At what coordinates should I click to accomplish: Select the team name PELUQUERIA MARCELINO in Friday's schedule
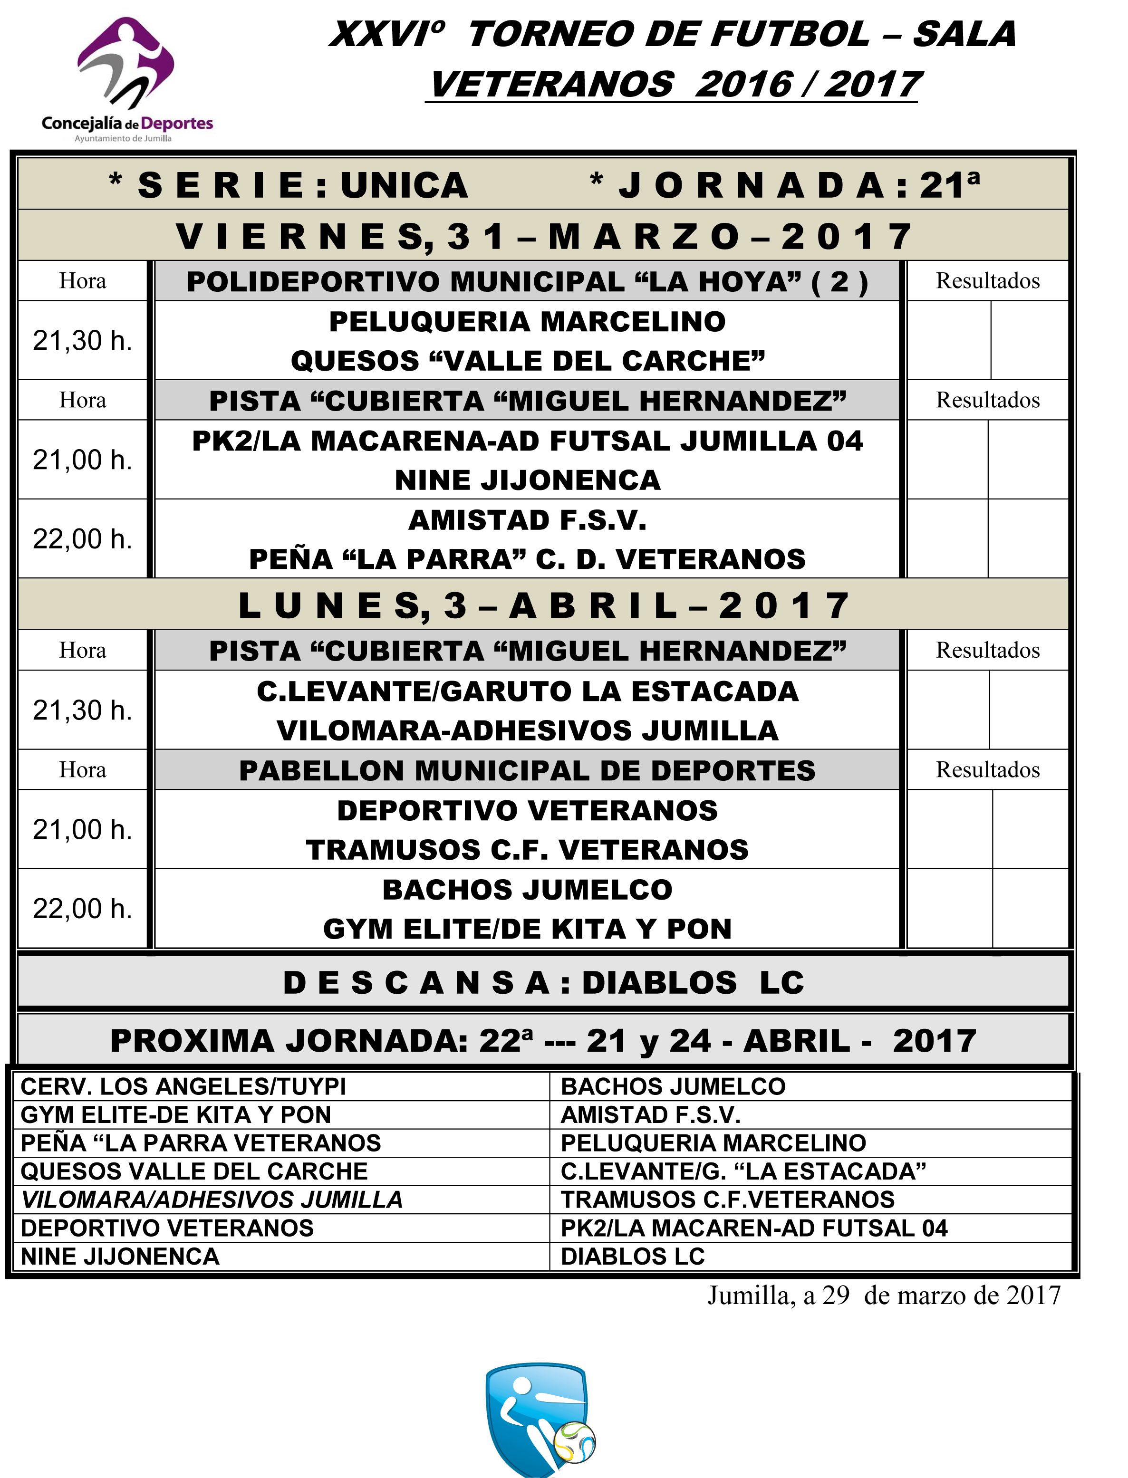click(527, 322)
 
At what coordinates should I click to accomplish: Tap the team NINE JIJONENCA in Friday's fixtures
click(527, 480)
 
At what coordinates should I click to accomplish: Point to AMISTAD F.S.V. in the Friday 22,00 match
click(527, 520)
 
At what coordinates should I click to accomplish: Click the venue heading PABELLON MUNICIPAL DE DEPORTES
click(527, 770)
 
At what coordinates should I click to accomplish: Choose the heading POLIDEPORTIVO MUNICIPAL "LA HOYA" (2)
click(527, 282)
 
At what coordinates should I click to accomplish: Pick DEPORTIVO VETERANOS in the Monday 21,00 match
click(527, 811)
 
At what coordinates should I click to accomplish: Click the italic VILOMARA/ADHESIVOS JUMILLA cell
click(212, 1200)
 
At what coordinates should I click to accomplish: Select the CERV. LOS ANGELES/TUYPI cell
click(183, 1087)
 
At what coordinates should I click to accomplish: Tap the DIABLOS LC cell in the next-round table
click(633, 1257)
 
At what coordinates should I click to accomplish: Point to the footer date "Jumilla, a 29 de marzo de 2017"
click(884, 1295)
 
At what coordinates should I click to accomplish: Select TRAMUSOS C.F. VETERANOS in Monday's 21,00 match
click(527, 850)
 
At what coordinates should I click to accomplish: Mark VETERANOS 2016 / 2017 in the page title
click(674, 85)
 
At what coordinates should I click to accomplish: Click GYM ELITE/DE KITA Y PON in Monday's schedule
click(527, 930)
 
